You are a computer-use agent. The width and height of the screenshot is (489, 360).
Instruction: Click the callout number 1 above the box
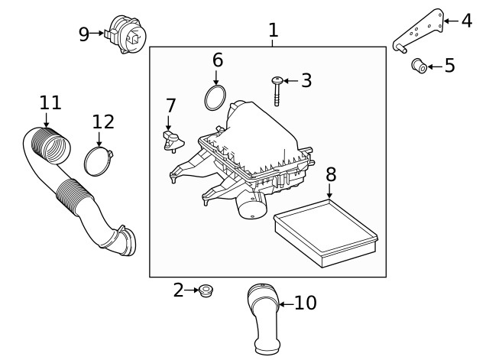[273, 31]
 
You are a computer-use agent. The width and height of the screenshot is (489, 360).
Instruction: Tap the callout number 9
[84, 33]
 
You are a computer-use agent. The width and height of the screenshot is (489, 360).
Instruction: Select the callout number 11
[50, 102]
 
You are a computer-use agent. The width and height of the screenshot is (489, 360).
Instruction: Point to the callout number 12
[103, 122]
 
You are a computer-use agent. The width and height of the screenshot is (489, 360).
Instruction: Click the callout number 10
[305, 303]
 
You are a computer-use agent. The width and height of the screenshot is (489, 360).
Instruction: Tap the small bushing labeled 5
[419, 66]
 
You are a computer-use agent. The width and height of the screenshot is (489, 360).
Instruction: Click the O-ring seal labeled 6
[215, 98]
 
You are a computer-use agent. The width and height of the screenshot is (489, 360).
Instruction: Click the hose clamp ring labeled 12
[99, 161]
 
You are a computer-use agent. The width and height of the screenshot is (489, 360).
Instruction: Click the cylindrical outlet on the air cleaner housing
[251, 205]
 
